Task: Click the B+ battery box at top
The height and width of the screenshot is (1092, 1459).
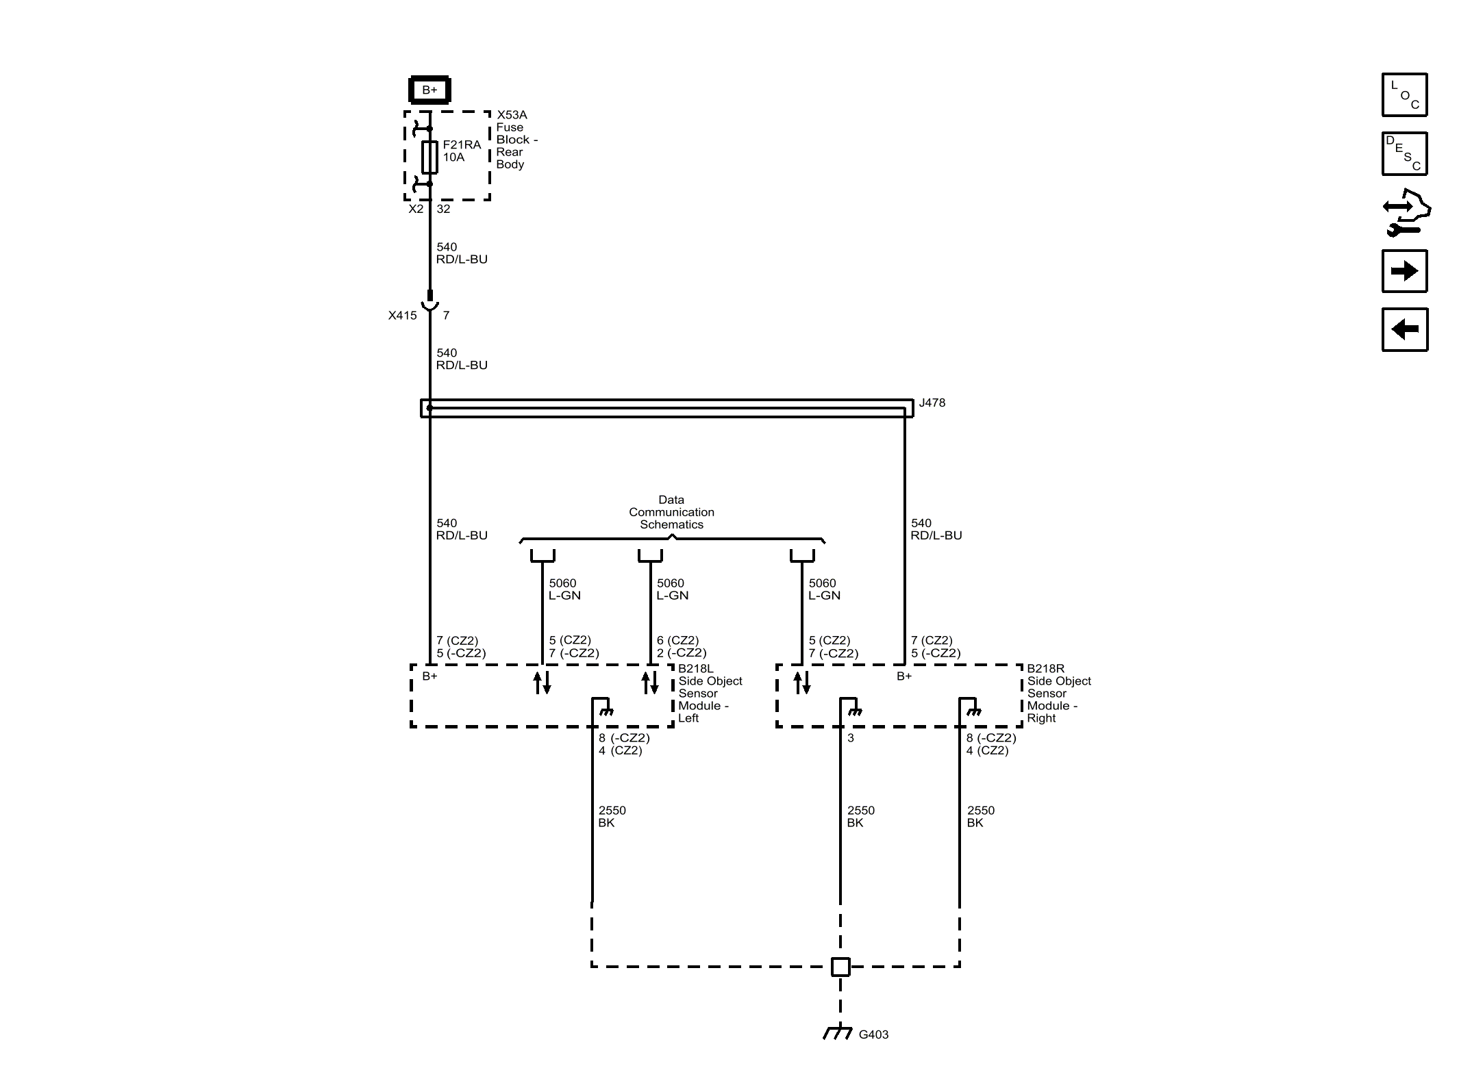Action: click(x=429, y=90)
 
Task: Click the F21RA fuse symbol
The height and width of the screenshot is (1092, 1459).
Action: click(x=429, y=157)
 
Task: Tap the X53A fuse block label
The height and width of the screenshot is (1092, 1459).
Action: click(x=512, y=115)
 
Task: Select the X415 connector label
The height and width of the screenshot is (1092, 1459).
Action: click(x=402, y=316)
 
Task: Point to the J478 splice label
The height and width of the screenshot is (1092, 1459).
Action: click(x=932, y=403)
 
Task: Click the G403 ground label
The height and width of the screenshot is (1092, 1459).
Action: click(x=873, y=1034)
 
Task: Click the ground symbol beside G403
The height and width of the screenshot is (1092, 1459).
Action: click(x=837, y=1032)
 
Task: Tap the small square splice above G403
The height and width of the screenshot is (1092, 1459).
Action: click(x=840, y=967)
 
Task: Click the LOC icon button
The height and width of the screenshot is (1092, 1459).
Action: click(x=1404, y=94)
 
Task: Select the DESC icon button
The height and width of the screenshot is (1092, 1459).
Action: click(x=1404, y=153)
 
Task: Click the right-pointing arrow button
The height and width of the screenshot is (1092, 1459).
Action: click(x=1404, y=271)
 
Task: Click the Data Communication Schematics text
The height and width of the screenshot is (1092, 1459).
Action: click(x=671, y=512)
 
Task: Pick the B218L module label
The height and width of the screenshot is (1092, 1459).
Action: click(x=695, y=669)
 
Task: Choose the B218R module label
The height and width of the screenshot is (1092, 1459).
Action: click(x=1045, y=669)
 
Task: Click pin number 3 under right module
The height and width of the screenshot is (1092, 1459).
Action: click(x=851, y=738)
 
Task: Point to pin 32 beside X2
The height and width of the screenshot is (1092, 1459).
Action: click(x=443, y=209)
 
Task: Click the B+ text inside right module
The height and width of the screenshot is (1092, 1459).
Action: click(x=904, y=676)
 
